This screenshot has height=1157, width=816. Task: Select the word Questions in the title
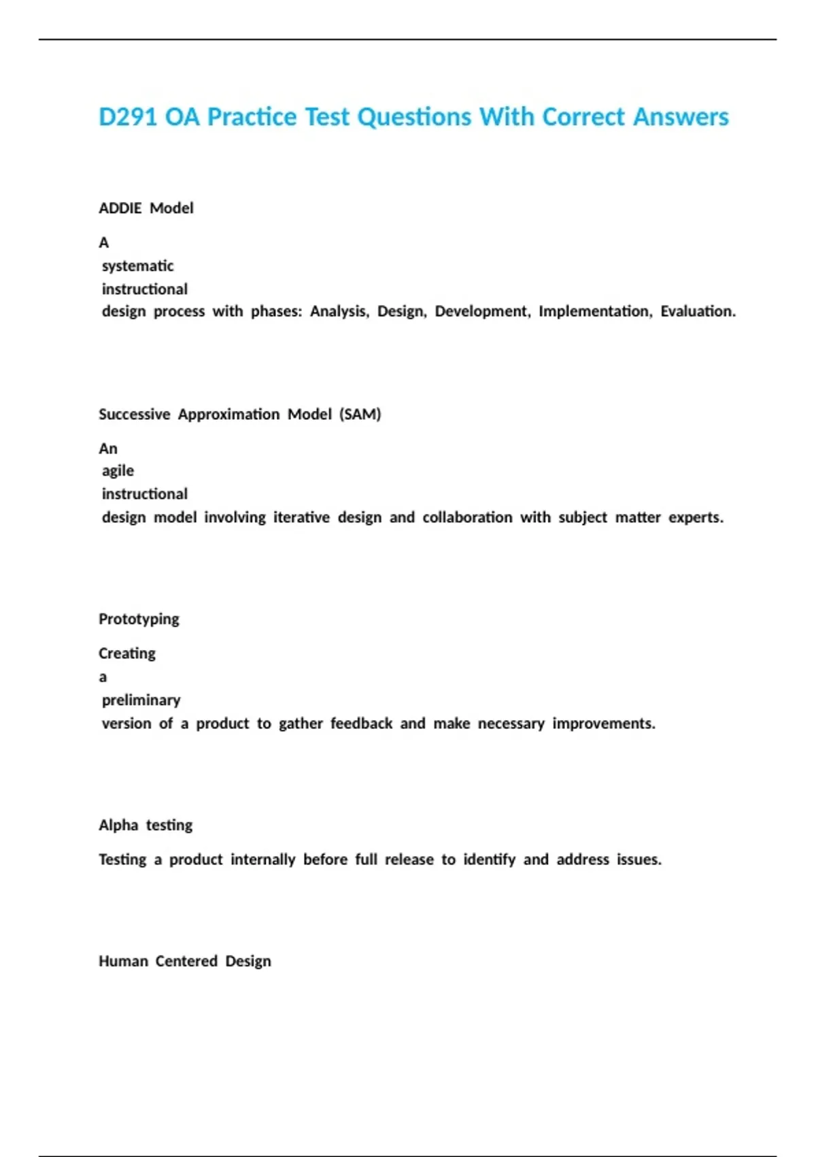click(x=414, y=117)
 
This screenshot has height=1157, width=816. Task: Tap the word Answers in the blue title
click(x=681, y=117)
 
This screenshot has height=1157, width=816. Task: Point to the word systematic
click(x=138, y=266)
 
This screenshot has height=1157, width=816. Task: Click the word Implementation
click(x=595, y=312)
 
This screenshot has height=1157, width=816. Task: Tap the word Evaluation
click(x=698, y=312)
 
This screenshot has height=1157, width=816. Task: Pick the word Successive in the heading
click(x=135, y=414)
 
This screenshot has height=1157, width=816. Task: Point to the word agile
click(x=118, y=471)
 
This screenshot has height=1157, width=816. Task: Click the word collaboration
click(x=467, y=517)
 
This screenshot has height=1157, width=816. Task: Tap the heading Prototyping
click(x=139, y=619)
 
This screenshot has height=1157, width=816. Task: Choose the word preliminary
click(x=141, y=700)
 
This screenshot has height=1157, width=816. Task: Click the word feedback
click(x=361, y=723)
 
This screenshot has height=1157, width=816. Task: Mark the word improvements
click(x=603, y=723)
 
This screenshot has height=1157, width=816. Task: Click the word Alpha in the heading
click(x=118, y=826)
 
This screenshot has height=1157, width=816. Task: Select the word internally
click(x=262, y=860)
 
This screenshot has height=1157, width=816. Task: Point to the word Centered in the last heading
click(x=186, y=961)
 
